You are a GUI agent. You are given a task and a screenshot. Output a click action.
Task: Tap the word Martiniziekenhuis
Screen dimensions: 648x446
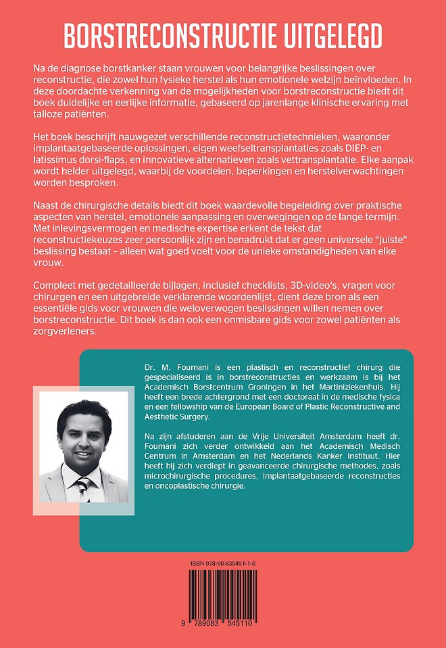click(x=364, y=388)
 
